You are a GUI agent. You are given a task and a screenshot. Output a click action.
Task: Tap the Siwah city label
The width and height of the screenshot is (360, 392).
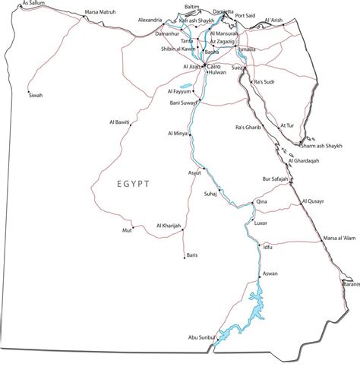click(36, 95)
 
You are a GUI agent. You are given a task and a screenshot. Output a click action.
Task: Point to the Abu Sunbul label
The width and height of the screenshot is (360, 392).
click(202, 337)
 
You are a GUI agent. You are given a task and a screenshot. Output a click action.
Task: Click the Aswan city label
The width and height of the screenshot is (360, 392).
click(270, 273)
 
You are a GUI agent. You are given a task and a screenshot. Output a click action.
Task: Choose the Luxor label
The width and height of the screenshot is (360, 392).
click(261, 223)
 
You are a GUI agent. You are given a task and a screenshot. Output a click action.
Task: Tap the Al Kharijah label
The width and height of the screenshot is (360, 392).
click(169, 225)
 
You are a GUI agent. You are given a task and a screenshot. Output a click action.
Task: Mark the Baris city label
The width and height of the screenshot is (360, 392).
click(191, 255)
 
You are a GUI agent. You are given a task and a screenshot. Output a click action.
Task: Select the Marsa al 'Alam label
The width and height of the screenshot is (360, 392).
click(339, 239)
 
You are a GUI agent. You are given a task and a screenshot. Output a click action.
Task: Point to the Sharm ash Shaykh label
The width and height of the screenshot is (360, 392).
click(320, 145)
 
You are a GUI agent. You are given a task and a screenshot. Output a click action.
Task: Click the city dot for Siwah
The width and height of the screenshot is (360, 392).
click(29, 87)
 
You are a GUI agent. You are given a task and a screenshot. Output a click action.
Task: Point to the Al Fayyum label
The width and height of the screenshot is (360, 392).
click(178, 90)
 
